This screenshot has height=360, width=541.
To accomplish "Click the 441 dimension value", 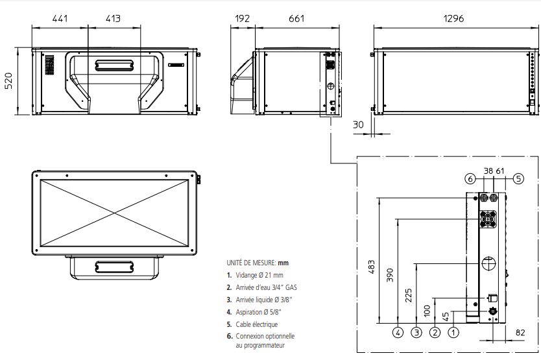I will [60, 19].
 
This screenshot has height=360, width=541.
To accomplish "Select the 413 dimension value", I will [113, 19].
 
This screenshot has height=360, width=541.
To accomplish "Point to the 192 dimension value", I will [243, 19].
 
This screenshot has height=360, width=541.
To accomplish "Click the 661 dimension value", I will [296, 19].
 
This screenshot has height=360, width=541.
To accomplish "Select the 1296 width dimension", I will [454, 19].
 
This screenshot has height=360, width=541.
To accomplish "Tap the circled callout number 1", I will [454, 333].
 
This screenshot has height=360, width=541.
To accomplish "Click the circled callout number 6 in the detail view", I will [470, 177].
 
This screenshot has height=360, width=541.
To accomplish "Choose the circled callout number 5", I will [518, 177].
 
